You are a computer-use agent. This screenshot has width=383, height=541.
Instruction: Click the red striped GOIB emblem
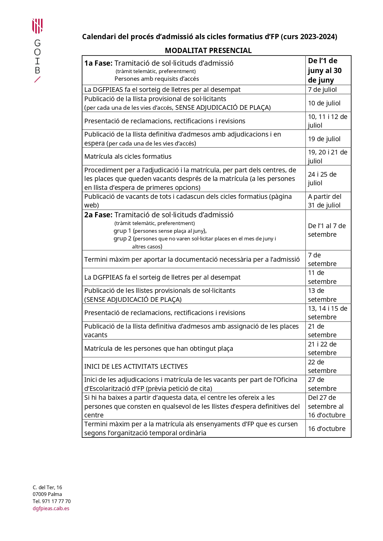click(x=37, y=26)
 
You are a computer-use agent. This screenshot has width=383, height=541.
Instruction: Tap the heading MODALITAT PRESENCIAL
click(x=208, y=51)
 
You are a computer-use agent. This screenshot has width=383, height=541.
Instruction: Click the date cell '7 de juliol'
click(x=322, y=90)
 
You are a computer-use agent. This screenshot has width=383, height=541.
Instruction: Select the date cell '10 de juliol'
click(x=324, y=103)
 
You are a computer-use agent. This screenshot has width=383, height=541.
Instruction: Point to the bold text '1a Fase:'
click(x=98, y=63)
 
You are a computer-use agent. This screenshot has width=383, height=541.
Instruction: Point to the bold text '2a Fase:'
click(x=98, y=215)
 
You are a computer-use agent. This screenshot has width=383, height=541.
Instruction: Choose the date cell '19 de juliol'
click(x=324, y=139)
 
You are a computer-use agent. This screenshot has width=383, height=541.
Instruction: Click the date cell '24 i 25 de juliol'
click(x=322, y=179)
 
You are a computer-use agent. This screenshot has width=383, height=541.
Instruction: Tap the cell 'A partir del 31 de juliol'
click(x=324, y=201)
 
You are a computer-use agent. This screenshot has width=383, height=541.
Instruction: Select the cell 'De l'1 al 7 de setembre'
click(x=327, y=230)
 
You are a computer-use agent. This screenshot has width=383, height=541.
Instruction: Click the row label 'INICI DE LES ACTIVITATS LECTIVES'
click(x=136, y=367)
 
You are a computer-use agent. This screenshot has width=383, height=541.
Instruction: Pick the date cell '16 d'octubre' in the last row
click(x=327, y=429)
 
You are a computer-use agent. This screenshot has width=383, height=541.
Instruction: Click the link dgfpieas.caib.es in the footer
click(x=51, y=509)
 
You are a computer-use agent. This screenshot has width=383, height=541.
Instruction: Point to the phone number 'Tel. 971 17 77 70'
click(x=52, y=502)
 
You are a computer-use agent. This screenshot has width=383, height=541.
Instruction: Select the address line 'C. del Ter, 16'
click(x=47, y=488)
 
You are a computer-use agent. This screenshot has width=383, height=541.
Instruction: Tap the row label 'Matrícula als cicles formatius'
click(x=128, y=157)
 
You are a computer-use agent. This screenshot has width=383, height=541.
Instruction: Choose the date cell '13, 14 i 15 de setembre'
click(x=327, y=313)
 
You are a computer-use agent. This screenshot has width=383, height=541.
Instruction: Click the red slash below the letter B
click(x=37, y=80)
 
